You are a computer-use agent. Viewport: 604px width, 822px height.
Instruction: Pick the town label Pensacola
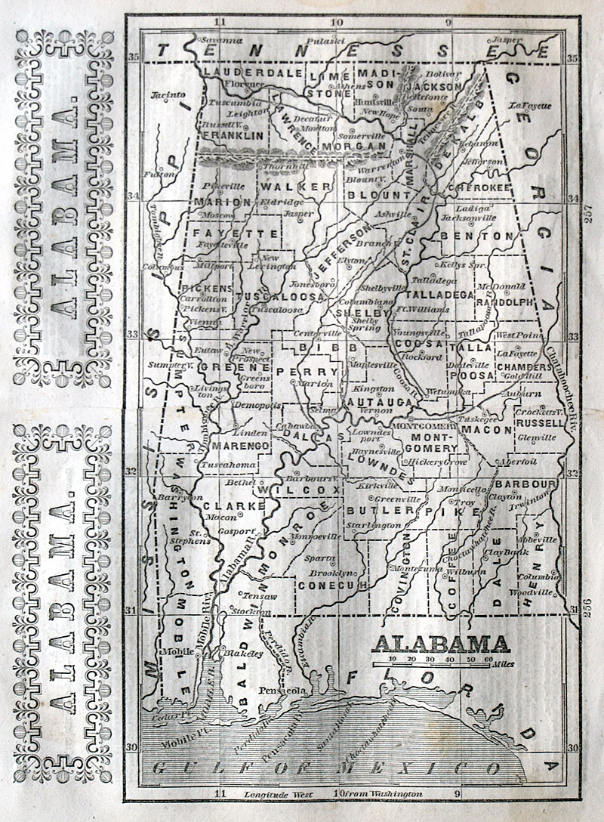pyautogui.click(x=282, y=690)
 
